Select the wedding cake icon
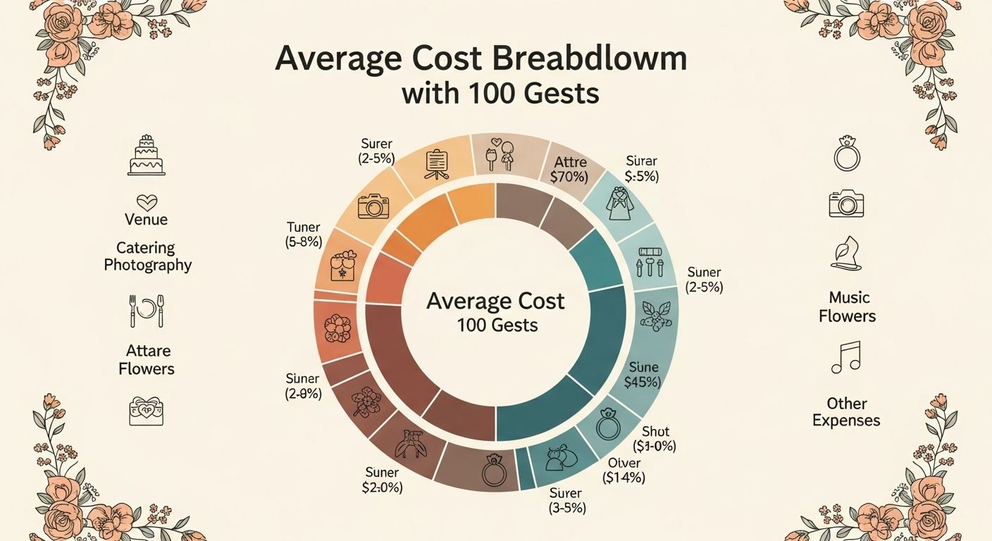(147, 156)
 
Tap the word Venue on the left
(147, 219)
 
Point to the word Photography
(148, 265)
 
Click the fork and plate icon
(147, 311)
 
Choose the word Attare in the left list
(148, 351)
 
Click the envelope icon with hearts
(147, 411)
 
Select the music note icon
(846, 357)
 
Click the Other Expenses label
(846, 412)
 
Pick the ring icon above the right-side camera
(846, 155)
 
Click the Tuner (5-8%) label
(304, 235)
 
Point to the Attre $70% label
(570, 170)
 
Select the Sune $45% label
(642, 375)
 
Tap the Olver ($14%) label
(624, 470)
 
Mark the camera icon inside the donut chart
(373, 206)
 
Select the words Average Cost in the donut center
(495, 301)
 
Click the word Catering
(146, 248)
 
